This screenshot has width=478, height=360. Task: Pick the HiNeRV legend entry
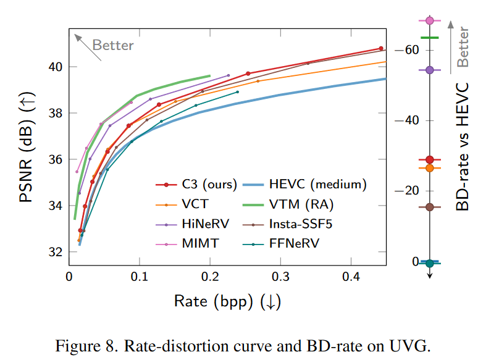pyautogui.click(x=201, y=224)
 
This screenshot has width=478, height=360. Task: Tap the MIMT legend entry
pyautogui.click(x=198, y=244)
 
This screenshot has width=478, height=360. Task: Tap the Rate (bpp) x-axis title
pyautogui.click(x=228, y=303)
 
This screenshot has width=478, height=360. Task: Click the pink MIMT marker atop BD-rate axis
pyautogui.click(x=430, y=20)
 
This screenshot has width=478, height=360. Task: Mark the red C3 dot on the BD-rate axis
pyautogui.click(x=430, y=160)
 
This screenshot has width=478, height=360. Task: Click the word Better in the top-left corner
pyautogui.click(x=112, y=45)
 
